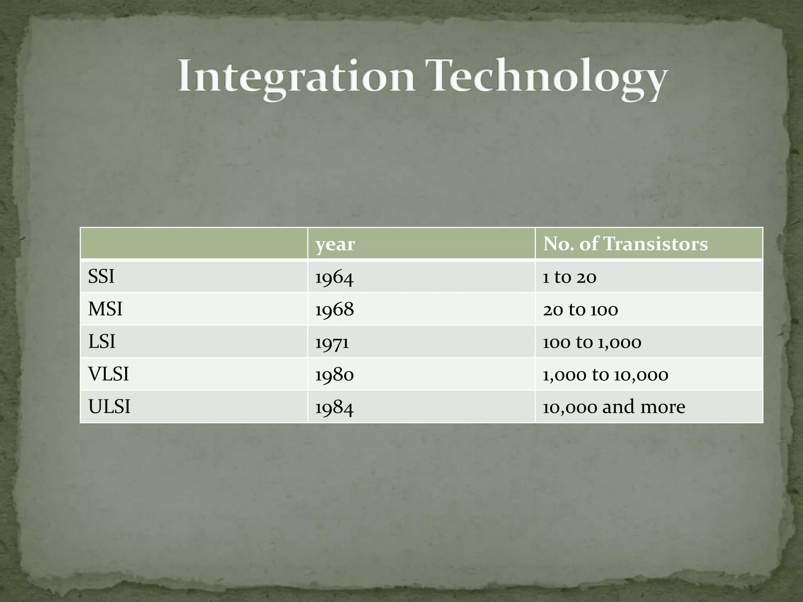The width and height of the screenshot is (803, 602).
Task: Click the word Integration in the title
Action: [296, 76]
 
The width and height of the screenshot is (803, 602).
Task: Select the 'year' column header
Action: [335, 244]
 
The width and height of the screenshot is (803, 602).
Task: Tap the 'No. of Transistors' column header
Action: [625, 244]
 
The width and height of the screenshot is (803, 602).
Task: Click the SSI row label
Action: [101, 277]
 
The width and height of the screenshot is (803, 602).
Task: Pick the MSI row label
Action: [105, 309]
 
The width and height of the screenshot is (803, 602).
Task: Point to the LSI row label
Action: [102, 342]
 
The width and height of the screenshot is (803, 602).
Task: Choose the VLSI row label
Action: [108, 374]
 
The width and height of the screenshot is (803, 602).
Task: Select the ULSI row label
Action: [109, 407]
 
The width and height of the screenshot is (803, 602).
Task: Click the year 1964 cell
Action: [334, 277]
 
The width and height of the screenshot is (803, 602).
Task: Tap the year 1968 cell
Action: [334, 310]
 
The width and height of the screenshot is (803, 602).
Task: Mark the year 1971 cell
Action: [332, 343]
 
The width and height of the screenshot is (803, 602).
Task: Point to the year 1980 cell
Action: [334, 375]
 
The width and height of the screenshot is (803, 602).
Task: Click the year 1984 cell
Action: [334, 408]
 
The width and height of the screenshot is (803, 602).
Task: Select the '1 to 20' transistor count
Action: [569, 277]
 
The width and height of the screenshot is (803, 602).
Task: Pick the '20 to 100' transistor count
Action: [580, 310]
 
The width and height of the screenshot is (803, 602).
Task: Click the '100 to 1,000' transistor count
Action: [592, 343]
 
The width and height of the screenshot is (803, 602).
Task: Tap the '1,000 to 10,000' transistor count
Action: [605, 375]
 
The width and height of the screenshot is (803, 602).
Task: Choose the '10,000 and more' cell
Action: [614, 407]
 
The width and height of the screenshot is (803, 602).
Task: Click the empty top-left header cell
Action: [194, 243]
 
